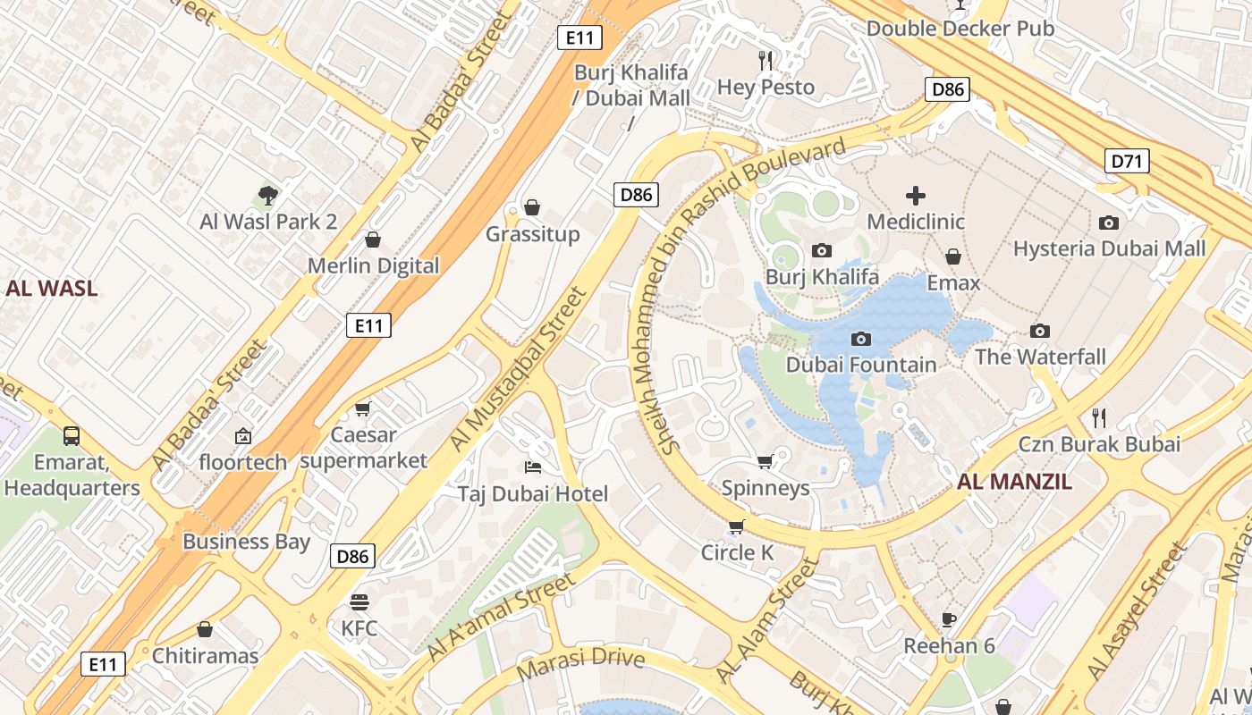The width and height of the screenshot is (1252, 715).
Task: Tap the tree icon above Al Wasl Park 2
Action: (x=267, y=195)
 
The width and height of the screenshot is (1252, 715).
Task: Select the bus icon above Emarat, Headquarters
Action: (x=72, y=436)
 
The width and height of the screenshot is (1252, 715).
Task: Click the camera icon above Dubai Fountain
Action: (x=861, y=339)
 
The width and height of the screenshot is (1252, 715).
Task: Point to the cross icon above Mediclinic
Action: (x=916, y=196)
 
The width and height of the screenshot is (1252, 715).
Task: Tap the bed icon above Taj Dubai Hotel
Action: (x=532, y=467)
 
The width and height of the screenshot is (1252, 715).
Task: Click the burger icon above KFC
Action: (x=360, y=601)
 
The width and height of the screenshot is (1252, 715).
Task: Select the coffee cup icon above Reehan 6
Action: (x=949, y=619)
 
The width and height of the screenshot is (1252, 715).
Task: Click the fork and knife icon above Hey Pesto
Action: (x=766, y=61)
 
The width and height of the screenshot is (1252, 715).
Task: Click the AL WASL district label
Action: (x=51, y=289)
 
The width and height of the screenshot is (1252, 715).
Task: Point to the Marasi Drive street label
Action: (x=581, y=660)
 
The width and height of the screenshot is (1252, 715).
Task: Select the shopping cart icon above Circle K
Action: (x=736, y=526)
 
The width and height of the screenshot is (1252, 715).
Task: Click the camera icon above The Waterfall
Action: (x=1039, y=332)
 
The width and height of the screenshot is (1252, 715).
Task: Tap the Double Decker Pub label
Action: (x=960, y=29)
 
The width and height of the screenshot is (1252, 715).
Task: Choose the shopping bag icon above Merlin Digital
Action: (x=373, y=240)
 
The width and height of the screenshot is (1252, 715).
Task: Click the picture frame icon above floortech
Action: (x=242, y=436)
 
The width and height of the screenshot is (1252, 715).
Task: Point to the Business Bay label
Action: (x=246, y=542)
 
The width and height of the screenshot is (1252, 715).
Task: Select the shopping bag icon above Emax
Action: (x=953, y=257)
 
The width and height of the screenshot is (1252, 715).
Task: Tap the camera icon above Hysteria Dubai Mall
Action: (x=1109, y=223)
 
